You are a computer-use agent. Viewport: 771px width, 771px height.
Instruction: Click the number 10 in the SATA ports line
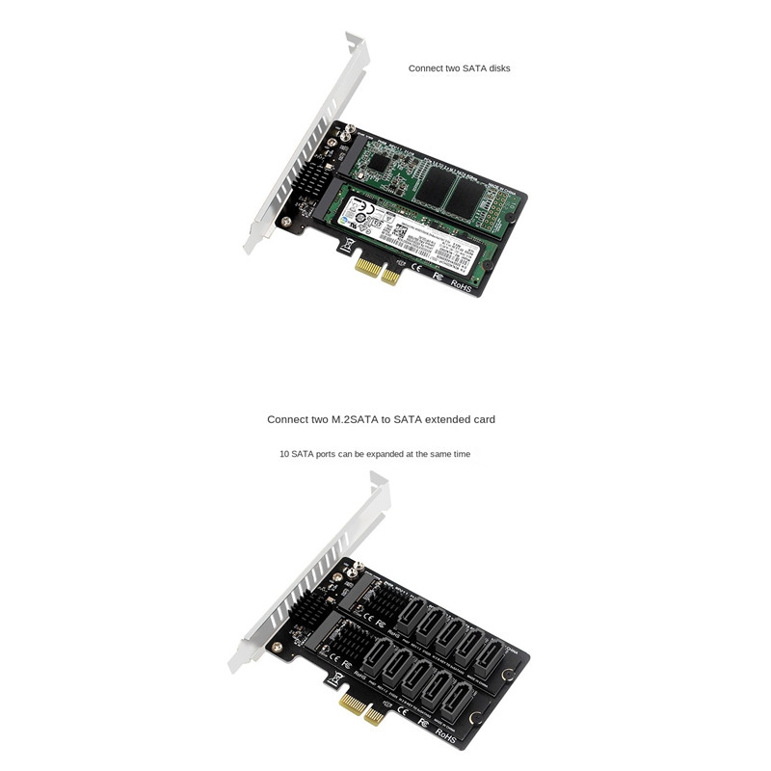click(x=284, y=454)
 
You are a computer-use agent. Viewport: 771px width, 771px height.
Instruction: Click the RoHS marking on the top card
click(x=461, y=285)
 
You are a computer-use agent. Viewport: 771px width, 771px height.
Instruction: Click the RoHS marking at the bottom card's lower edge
click(x=447, y=734)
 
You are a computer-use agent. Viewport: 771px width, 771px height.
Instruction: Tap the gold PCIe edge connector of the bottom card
click(x=361, y=710)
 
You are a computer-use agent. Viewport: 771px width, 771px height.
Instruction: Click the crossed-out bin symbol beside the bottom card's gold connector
click(x=334, y=678)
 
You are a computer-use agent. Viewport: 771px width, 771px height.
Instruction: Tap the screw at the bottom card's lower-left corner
click(x=277, y=648)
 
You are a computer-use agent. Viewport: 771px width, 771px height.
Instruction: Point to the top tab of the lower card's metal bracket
click(x=378, y=479)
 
